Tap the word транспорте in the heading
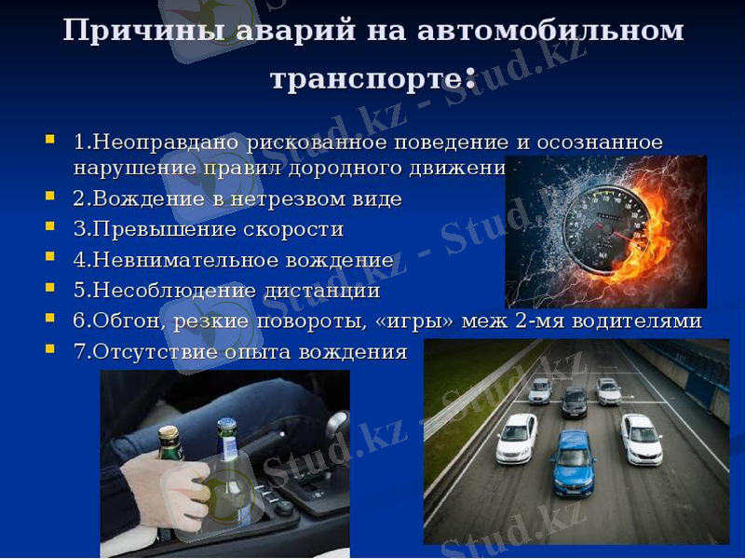click(363, 78)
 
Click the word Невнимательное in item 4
click(157, 260)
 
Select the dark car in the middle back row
click(575, 401)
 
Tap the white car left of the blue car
click(517, 437)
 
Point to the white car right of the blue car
click(641, 438)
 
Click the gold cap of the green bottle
click(169, 432)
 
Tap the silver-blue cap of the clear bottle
click(226, 426)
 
